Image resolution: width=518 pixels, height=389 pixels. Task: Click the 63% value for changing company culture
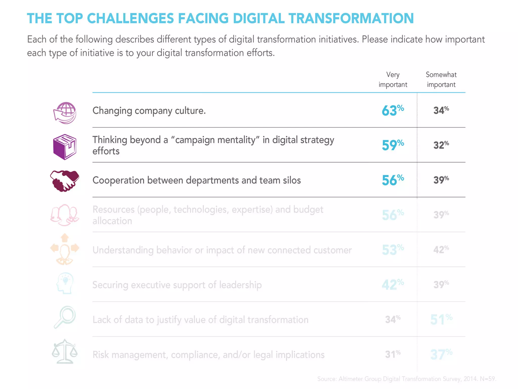pos(393,110)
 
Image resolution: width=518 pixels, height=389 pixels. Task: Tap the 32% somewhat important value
pos(441,145)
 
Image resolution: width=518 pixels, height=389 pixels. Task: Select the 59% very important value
pos(393,145)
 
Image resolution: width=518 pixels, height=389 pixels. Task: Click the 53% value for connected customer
pos(393,250)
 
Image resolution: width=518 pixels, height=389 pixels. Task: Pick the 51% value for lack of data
pos(441,319)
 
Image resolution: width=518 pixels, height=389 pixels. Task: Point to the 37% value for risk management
pos(441,354)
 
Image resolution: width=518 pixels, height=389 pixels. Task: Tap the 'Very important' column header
pos(393,80)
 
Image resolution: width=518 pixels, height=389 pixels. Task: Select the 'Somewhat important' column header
pos(441,80)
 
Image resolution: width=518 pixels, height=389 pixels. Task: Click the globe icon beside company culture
pos(65,113)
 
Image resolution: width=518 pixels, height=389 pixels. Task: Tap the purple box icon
pos(65,147)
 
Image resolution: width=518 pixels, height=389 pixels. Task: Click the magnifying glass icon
pos(65,317)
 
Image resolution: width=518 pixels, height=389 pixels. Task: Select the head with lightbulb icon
pos(65,283)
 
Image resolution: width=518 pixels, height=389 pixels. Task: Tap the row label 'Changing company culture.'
pos(149,111)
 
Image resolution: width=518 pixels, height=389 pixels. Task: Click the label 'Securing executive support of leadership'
pos(177,285)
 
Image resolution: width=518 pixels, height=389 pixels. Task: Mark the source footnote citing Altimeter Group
pos(406,379)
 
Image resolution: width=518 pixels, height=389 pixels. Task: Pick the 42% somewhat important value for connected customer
pos(441,250)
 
